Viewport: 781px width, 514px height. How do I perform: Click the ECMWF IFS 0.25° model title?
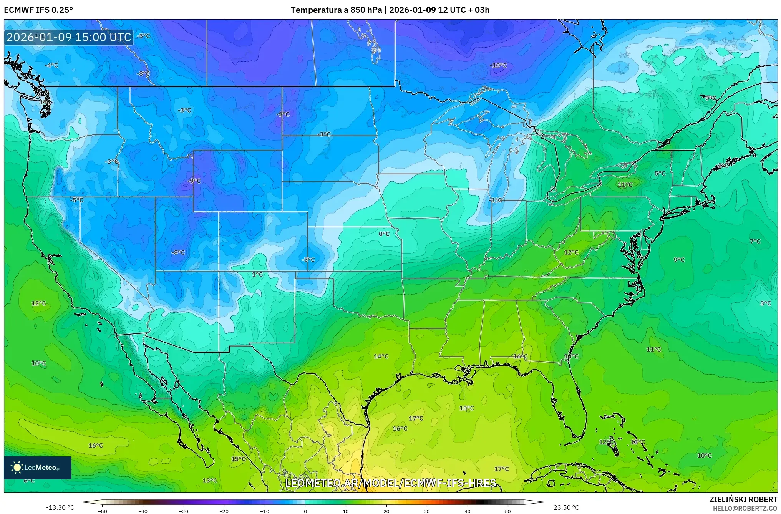pyautogui.click(x=38, y=10)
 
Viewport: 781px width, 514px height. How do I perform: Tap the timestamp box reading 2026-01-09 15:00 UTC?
pyautogui.click(x=69, y=37)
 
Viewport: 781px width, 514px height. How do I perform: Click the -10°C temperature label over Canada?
pyautogui.click(x=498, y=65)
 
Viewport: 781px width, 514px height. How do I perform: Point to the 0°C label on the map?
pyautogui.click(x=384, y=234)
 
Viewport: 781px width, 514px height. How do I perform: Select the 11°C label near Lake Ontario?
pyautogui.click(x=625, y=185)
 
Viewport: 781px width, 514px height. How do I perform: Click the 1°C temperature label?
pyautogui.click(x=257, y=274)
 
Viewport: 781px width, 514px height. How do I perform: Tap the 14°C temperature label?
pyautogui.click(x=381, y=356)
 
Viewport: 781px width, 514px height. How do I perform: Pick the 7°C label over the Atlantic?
pyautogui.click(x=755, y=241)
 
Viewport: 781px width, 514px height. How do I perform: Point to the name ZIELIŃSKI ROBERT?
pyautogui.click(x=743, y=499)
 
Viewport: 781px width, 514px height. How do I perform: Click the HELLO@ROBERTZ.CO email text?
pyautogui.click(x=745, y=508)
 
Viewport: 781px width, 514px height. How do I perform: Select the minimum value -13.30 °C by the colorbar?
pyautogui.click(x=60, y=507)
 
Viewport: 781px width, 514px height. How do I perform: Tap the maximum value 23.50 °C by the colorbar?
pyautogui.click(x=566, y=507)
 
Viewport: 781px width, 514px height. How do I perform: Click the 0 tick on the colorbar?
pyautogui.click(x=305, y=511)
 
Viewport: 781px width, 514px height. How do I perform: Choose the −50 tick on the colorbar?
pyautogui.click(x=102, y=511)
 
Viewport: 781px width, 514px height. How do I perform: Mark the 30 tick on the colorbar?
pyautogui.click(x=427, y=511)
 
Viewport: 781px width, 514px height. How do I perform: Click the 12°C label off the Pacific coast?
pyautogui.click(x=38, y=303)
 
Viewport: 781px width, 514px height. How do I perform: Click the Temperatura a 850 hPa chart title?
pyautogui.click(x=390, y=10)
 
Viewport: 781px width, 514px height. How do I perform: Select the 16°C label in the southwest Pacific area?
pyautogui.click(x=96, y=446)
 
